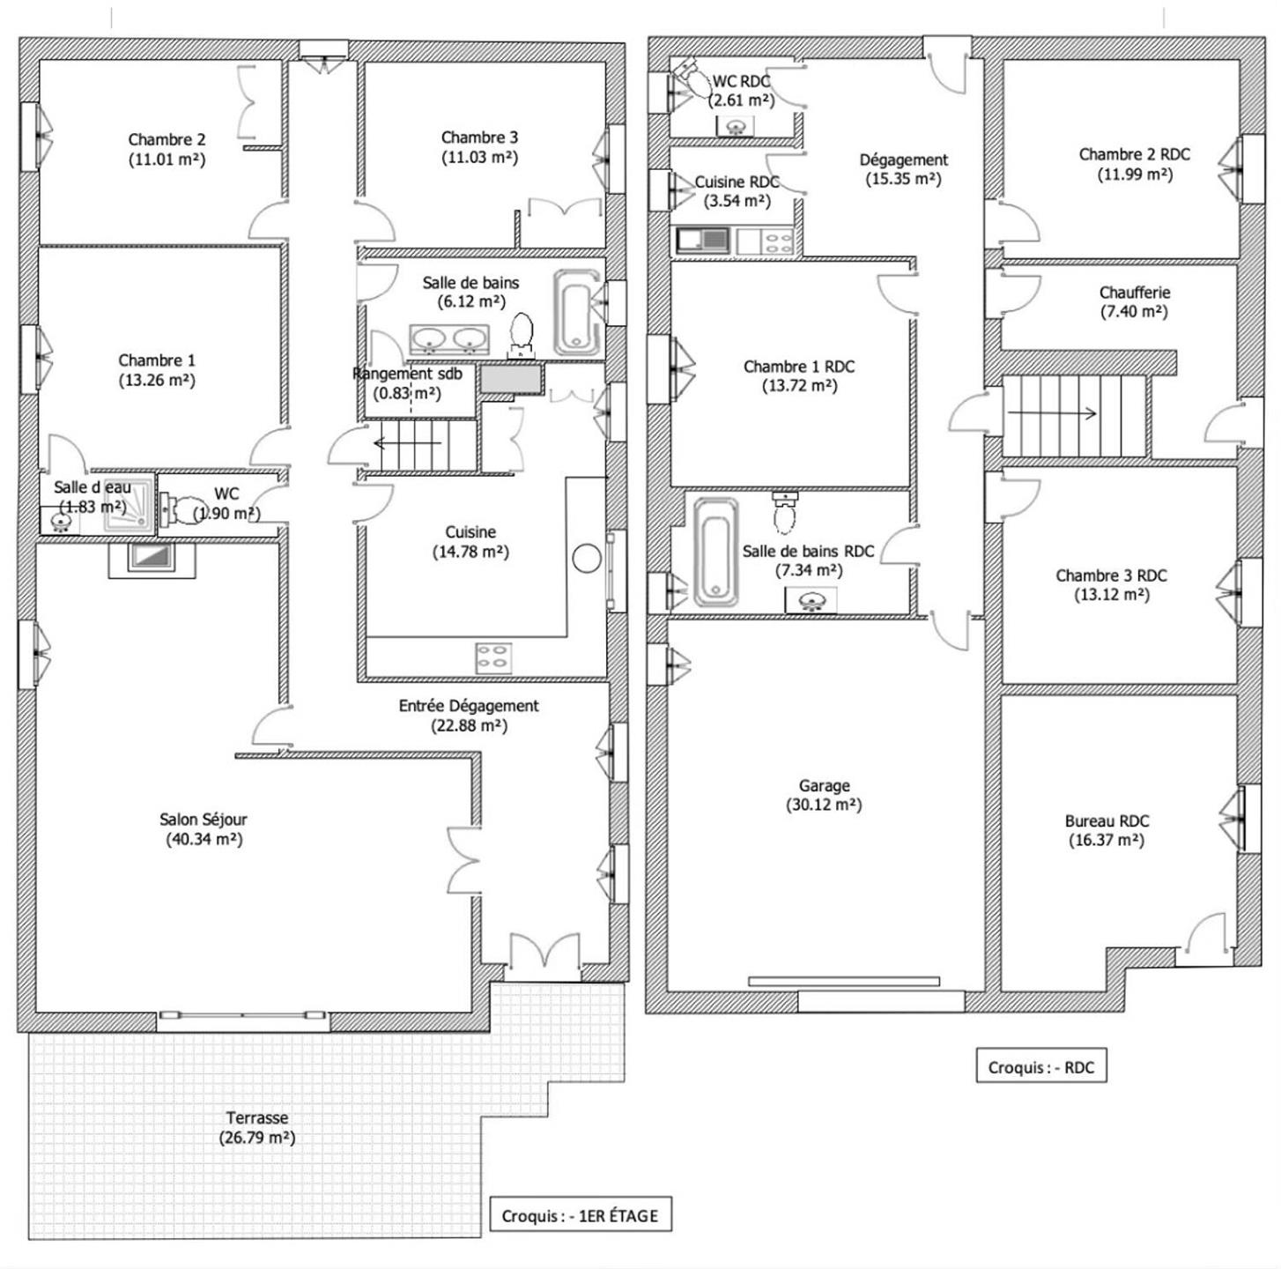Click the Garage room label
(824, 785)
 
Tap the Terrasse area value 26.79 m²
(257, 1138)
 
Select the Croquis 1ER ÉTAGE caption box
(581, 1216)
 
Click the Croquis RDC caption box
(1041, 1067)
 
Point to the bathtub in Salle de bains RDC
(716, 552)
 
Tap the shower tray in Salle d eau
(129, 507)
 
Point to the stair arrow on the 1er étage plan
(408, 443)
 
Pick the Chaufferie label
(1134, 292)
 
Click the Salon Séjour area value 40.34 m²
(204, 839)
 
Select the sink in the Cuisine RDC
(703, 240)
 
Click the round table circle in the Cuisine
(587, 558)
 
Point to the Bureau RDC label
(1107, 820)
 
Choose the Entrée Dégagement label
(469, 706)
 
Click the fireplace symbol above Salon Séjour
(152, 559)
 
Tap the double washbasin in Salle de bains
(449, 339)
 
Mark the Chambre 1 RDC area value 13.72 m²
(800, 386)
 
